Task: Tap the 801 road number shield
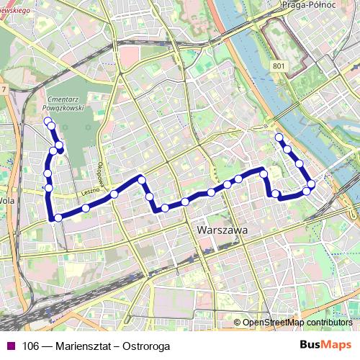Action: [x=279, y=66]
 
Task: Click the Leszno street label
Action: [x=89, y=192]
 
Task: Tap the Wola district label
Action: [x=6, y=202]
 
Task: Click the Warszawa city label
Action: [x=221, y=231]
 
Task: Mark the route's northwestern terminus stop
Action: [x=47, y=120]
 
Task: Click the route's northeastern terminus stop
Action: [x=279, y=136]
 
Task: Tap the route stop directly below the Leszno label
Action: [x=86, y=208]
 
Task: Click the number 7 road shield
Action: [x=4, y=89]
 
